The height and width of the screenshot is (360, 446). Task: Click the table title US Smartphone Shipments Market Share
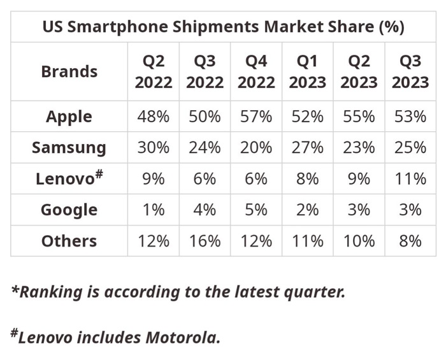pyautogui.click(x=222, y=27)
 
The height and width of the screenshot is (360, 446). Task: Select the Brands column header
pyautogui.click(x=69, y=71)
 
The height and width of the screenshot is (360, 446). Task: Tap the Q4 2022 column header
pyautogui.click(x=256, y=71)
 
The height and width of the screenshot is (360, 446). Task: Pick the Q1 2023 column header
pyautogui.click(x=307, y=71)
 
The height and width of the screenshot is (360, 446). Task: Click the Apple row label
pyautogui.click(x=69, y=117)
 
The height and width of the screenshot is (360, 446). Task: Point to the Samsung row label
pyautogui.click(x=69, y=148)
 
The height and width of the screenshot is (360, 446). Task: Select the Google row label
pyautogui.click(x=69, y=210)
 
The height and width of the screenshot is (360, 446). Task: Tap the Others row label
pyautogui.click(x=69, y=241)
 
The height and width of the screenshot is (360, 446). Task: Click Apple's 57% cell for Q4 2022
pyautogui.click(x=256, y=117)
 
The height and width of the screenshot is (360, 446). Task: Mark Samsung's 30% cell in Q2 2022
pyautogui.click(x=153, y=148)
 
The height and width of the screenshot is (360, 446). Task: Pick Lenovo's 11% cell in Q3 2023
pyautogui.click(x=410, y=179)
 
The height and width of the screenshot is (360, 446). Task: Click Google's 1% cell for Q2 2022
pyautogui.click(x=153, y=210)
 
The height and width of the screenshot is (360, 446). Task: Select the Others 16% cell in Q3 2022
pyautogui.click(x=205, y=241)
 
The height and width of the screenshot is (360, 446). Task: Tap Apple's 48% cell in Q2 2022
pyautogui.click(x=153, y=117)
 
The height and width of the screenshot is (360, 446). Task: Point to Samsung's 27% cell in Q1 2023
pyautogui.click(x=307, y=148)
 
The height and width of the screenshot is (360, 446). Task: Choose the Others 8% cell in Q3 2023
pyautogui.click(x=410, y=241)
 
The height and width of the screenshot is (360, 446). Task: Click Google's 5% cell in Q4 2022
pyautogui.click(x=256, y=210)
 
